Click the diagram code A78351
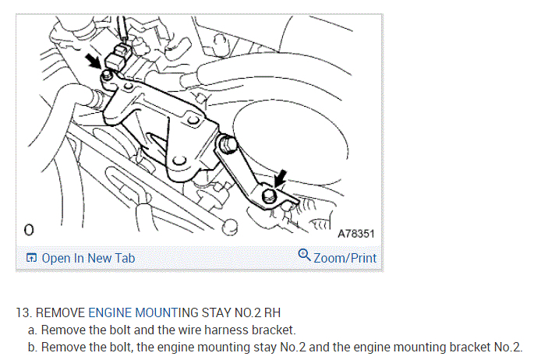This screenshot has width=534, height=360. pyautogui.click(x=356, y=233)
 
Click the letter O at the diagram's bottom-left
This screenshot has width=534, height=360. pyautogui.click(x=30, y=231)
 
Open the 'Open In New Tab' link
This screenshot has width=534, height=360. pyautogui.click(x=87, y=258)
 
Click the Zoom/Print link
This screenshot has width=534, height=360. pyautogui.click(x=345, y=258)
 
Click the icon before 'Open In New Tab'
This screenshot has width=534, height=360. pyautogui.click(x=31, y=258)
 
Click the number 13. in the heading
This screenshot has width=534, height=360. pyautogui.click(x=23, y=313)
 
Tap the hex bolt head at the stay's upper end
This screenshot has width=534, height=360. pyautogui.click(x=228, y=143)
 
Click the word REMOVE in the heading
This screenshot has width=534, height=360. pyautogui.click(x=60, y=313)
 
